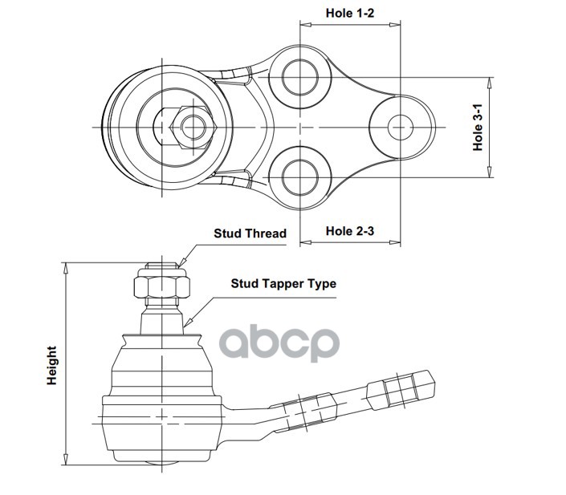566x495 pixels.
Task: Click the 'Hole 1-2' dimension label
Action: tap(350, 13)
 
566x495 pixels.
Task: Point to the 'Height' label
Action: tap(52, 365)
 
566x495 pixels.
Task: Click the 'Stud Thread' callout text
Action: tap(250, 233)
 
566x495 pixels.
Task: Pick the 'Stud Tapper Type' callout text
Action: tap(283, 283)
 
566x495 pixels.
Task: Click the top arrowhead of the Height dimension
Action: tap(65, 266)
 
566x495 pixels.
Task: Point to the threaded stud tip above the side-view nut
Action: tap(162, 264)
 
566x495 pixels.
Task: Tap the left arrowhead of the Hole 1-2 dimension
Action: tap(304, 24)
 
